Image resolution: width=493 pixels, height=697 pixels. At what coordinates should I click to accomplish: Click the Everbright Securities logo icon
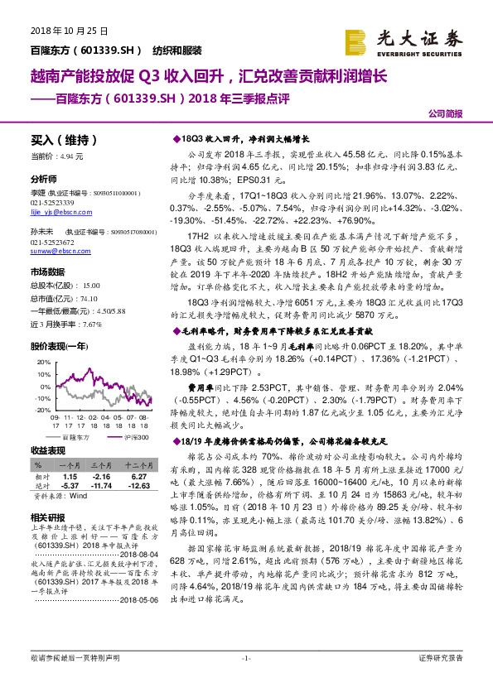click(x=357, y=38)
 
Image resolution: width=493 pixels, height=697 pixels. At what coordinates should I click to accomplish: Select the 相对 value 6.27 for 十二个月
click(x=138, y=477)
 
